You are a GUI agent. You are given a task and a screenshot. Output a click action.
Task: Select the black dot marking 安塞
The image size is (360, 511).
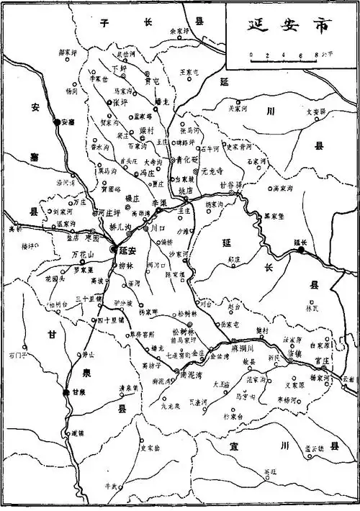57,122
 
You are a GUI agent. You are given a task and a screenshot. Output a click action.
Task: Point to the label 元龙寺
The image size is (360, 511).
214,173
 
